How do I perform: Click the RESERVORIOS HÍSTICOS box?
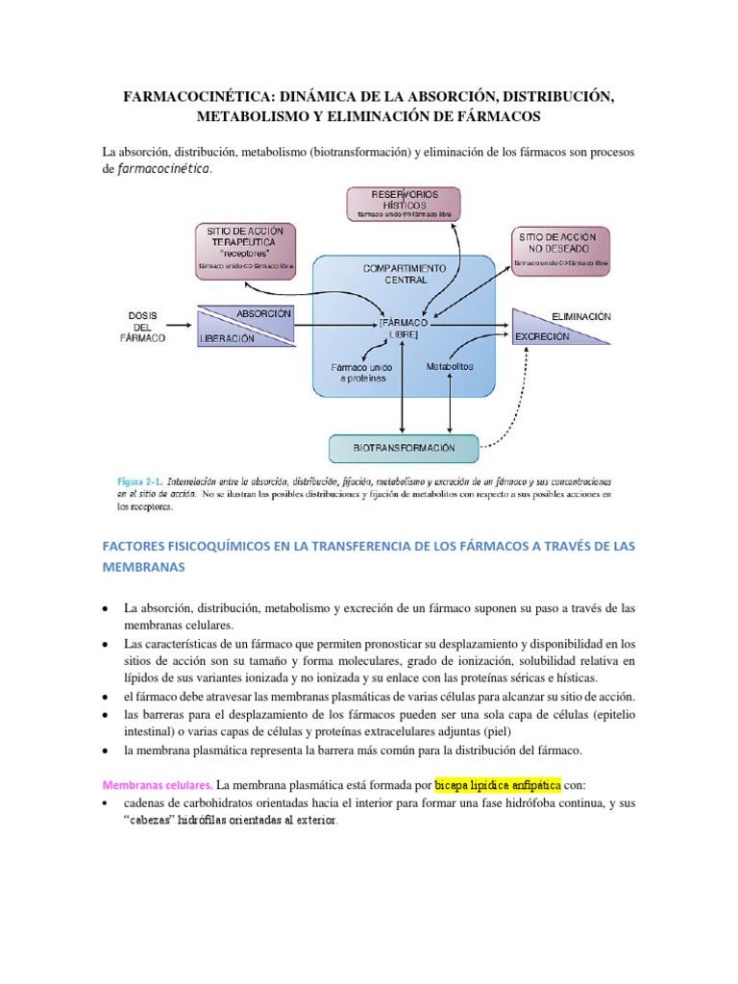403,205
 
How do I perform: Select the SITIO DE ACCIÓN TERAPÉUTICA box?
244,248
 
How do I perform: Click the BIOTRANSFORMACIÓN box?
404,448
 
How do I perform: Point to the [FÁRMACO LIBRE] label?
404,329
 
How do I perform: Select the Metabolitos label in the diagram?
450,366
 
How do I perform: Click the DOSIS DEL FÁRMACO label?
147,327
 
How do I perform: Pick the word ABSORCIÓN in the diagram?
263,314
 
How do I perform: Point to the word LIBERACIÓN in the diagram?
228,338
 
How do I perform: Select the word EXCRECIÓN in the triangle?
542,337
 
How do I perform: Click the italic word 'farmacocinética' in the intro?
161,170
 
